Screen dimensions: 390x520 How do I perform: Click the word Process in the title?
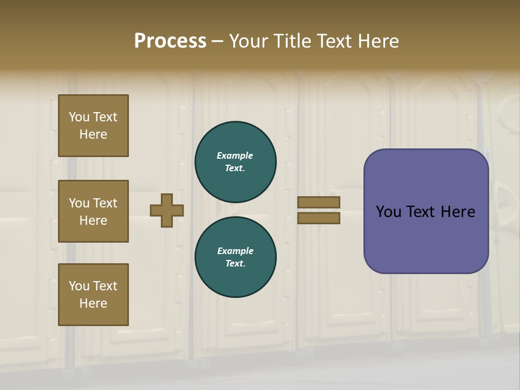170,41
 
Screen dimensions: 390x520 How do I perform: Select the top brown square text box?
93,126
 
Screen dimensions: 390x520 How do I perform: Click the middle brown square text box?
93,211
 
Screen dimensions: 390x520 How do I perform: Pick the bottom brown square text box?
93,295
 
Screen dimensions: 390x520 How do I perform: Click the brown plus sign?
167,210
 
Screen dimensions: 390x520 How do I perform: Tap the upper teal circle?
236,161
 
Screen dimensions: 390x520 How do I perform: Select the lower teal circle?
236,257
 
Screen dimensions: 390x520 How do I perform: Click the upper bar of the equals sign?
318,202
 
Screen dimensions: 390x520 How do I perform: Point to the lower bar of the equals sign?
318,218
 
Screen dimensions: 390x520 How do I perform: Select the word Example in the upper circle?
235,155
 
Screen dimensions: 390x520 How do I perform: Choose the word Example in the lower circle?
235,251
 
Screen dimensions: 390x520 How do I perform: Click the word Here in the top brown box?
93,134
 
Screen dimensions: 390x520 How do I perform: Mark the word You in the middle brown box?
79,203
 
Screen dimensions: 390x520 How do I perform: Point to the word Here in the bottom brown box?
93,303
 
